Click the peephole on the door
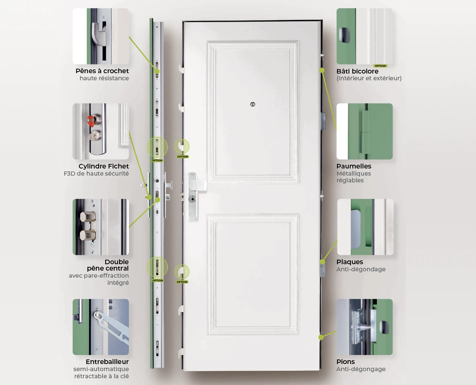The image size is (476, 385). [252, 104]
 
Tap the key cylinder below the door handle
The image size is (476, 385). [192, 199]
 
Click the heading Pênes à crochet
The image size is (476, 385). [102, 71]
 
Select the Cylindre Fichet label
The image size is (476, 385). [103, 166]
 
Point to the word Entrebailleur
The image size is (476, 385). [107, 362]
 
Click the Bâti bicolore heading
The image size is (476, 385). [357, 71]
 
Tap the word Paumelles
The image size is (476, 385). [354, 166]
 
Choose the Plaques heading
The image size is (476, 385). [349, 262]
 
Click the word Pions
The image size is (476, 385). [346, 362]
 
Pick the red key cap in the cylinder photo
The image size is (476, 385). [91, 121]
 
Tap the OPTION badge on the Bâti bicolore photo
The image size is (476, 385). [380, 66]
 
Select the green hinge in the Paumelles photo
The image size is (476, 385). [364, 131]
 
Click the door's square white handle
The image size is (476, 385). [198, 186]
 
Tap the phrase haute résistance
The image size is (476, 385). [104, 78]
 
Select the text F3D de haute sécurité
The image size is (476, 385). [96, 174]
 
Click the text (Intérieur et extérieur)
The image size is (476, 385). [369, 78]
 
